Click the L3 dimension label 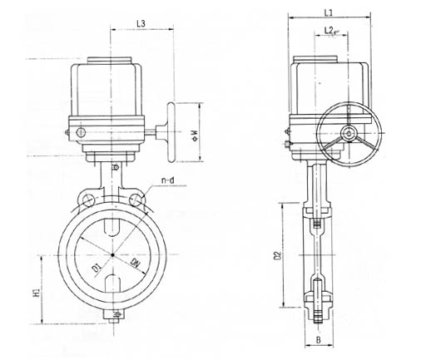point(141,23)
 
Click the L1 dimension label point(329,12)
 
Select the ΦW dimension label point(195,135)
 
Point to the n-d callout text point(168,180)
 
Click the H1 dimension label point(37,293)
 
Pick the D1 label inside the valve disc point(97,268)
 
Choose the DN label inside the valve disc point(136,263)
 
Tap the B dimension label point(319,340)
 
